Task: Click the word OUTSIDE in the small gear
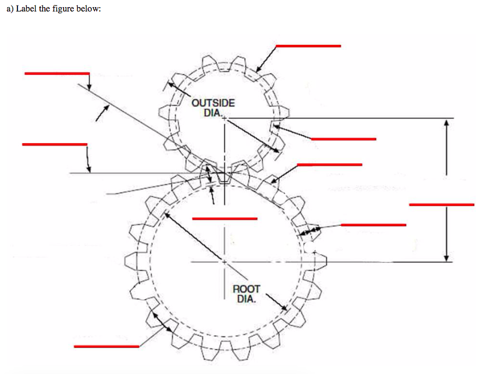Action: (x=213, y=103)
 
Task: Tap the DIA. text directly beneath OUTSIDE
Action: (x=213, y=113)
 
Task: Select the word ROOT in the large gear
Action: (x=246, y=289)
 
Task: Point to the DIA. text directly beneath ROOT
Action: (x=246, y=299)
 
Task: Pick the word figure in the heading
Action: (x=63, y=9)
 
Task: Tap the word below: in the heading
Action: (x=88, y=9)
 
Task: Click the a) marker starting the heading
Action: (x=10, y=9)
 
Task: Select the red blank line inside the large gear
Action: (x=224, y=219)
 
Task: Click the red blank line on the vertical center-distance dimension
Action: (x=441, y=205)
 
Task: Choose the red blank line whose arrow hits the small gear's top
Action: (x=308, y=46)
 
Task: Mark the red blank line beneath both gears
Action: (x=106, y=346)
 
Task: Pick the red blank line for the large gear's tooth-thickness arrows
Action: (x=373, y=225)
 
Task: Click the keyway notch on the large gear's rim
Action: (x=309, y=247)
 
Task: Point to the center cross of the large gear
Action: (x=224, y=262)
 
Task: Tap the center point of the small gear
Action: (x=224, y=118)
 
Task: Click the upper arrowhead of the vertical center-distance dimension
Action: (x=446, y=122)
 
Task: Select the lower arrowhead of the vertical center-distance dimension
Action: (x=446, y=258)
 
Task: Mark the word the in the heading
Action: (x=45, y=9)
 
